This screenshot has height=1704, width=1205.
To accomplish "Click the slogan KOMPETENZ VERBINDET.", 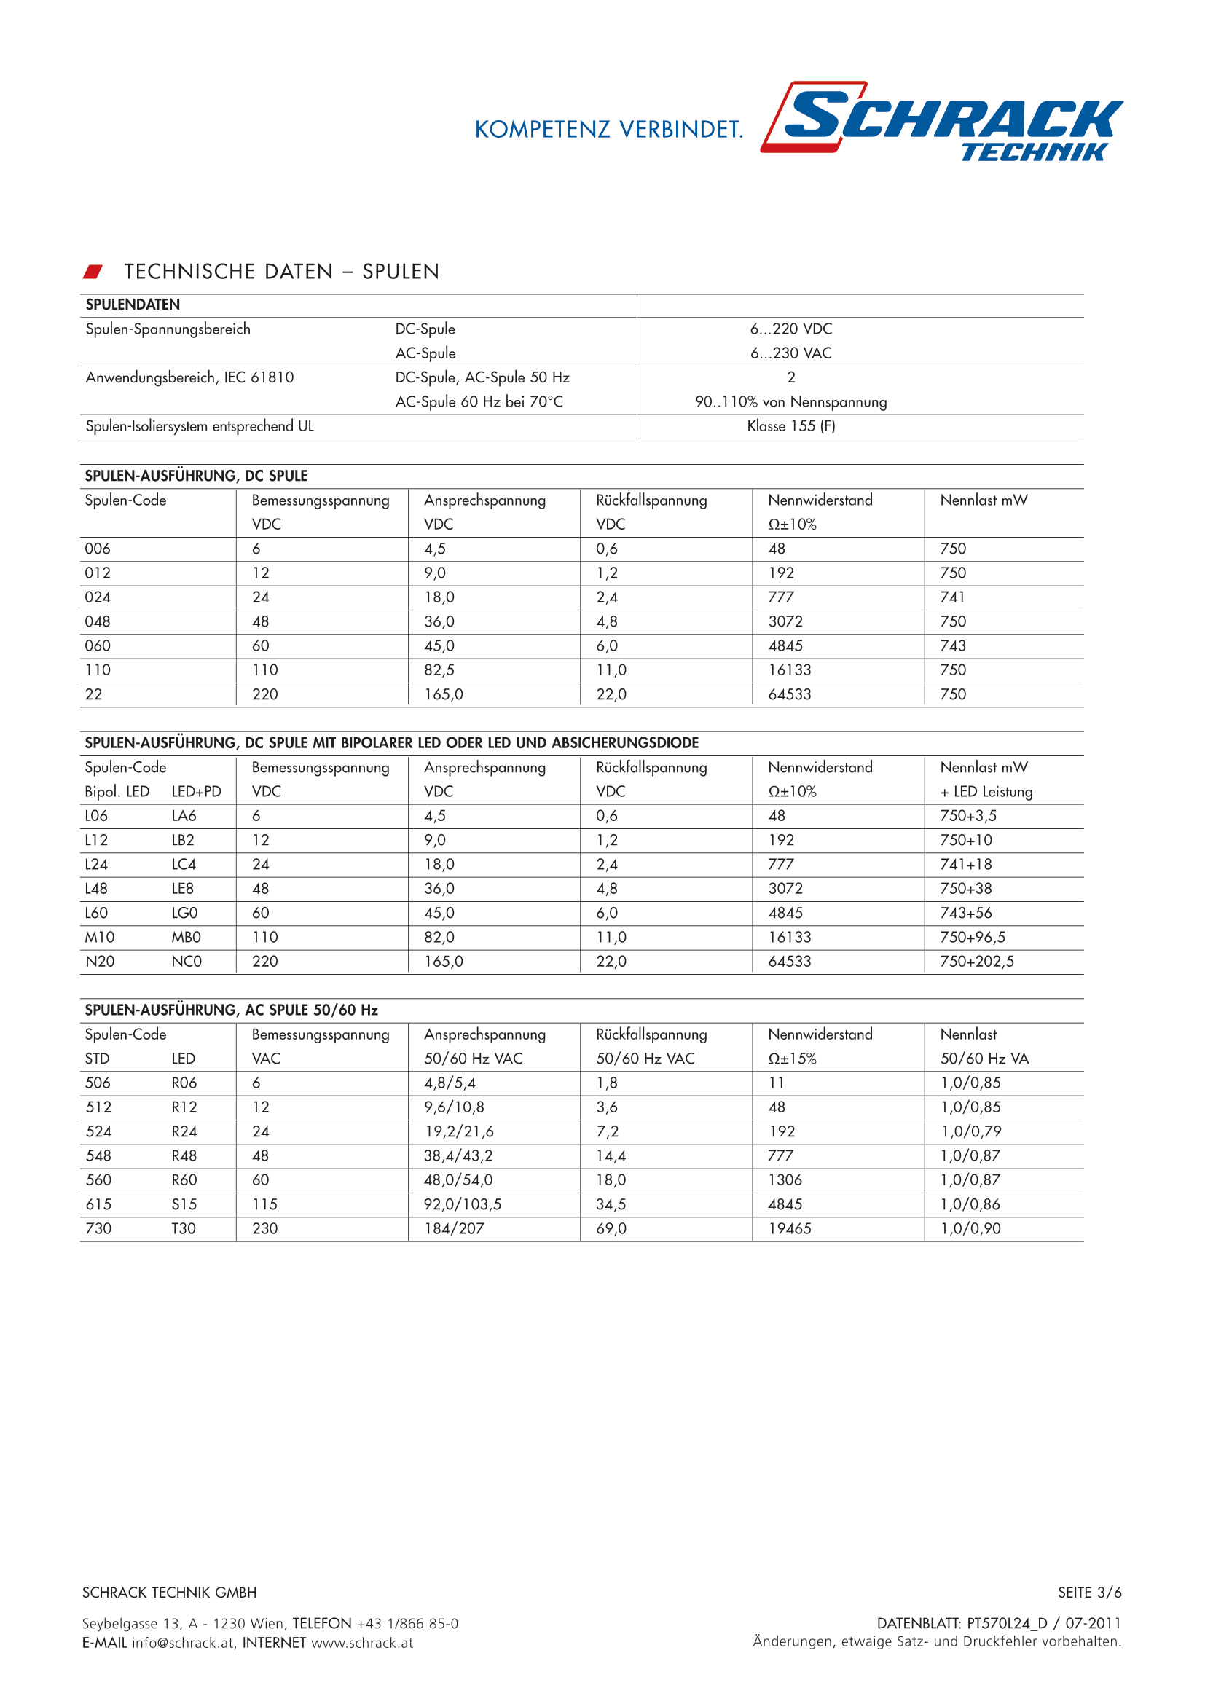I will point(608,130).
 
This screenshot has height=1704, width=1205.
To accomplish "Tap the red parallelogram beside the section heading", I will point(93,272).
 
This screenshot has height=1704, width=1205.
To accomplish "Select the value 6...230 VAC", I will point(790,353).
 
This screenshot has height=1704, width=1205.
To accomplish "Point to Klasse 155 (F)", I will point(790,426).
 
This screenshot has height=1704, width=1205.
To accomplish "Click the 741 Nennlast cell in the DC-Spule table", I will point(952,597).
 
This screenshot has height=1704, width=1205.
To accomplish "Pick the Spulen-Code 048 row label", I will point(97,622).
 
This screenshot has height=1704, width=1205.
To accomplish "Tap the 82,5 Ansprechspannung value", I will point(439,670).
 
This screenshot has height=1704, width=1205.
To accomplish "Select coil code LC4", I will point(184,865).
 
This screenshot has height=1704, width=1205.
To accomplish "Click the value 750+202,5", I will point(976,962).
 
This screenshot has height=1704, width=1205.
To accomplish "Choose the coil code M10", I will point(99,938).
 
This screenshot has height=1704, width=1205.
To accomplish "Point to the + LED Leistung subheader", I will point(986,792).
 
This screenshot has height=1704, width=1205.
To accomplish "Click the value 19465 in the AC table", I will point(790,1229).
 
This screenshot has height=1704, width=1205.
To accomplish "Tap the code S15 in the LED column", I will point(184,1204).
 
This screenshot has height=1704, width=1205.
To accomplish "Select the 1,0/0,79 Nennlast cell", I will point(970,1132).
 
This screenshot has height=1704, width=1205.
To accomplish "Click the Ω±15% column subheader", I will point(792,1059).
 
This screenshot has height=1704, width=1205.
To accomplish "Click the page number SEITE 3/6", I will point(1089,1593).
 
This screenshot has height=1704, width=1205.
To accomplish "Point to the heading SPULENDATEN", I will point(133,305).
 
